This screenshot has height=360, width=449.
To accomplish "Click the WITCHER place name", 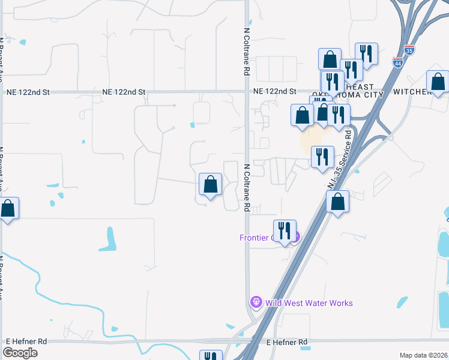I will coord(412,92).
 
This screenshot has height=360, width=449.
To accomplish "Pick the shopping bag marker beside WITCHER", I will coord(438,82).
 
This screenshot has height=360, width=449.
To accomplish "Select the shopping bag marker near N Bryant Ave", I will coord(8,209).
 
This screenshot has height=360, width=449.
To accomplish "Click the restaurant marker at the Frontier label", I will coord(285,230).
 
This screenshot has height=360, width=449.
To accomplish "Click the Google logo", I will coord(20,353).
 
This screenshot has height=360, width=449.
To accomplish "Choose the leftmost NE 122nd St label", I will coord(28,92).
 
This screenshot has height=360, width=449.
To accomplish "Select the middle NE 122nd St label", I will coord(124,92).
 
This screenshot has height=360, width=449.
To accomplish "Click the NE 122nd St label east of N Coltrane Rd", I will coord(275,92).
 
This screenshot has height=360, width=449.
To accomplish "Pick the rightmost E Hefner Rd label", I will coord(286,342).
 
